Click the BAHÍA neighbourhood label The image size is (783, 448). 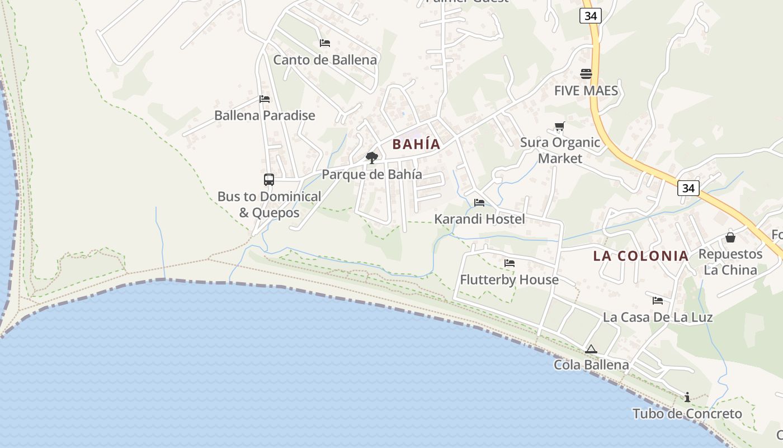click(x=416, y=144)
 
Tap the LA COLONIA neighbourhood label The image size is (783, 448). click(x=640, y=256)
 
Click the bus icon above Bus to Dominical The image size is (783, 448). click(x=269, y=180)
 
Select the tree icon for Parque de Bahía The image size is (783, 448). click(x=371, y=158)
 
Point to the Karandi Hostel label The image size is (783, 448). click(x=479, y=219)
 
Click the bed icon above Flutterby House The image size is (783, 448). click(x=509, y=263)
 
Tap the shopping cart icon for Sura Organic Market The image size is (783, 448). click(x=559, y=127)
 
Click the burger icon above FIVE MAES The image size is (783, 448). click(x=586, y=74)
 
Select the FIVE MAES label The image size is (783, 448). click(x=586, y=91)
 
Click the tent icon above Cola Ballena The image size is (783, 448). click(x=591, y=349)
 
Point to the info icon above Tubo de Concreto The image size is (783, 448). click(x=687, y=398)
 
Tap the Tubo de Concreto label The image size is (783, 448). click(x=687, y=414)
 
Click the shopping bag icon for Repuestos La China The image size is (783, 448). click(x=730, y=237)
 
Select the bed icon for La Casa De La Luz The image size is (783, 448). click(x=658, y=301)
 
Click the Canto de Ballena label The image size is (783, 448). click(x=325, y=59)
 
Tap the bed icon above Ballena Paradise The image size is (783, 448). click(x=265, y=99)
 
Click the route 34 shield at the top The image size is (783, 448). click(x=591, y=16)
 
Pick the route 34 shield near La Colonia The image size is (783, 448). click(x=688, y=188)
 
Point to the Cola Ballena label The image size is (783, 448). click(x=591, y=365)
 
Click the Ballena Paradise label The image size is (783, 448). click(x=265, y=115)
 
